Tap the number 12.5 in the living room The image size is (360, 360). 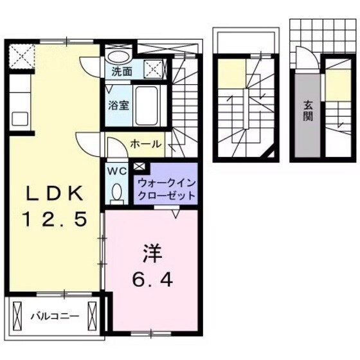tap(55, 219)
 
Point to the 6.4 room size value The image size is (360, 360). tap(152, 280)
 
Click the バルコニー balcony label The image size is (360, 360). tap(54, 316)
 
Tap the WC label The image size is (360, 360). tap(117, 171)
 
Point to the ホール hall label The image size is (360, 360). tap(146, 144)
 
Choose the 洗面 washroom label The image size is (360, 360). tap(121, 71)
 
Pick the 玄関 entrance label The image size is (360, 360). tap(308, 112)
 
